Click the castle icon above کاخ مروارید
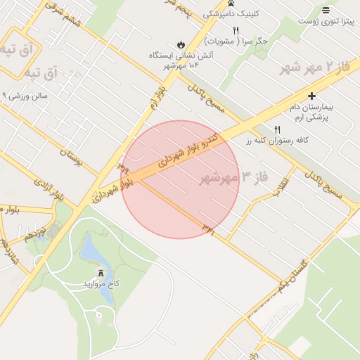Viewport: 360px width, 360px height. point(100,271)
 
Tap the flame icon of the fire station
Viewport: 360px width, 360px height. point(180,44)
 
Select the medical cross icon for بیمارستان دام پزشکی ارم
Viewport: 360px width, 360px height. point(312,96)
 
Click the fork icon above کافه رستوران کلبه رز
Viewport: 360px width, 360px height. point(276,129)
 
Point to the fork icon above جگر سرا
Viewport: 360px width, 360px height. point(236,30)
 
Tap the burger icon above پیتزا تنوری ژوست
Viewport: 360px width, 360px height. point(326,10)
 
